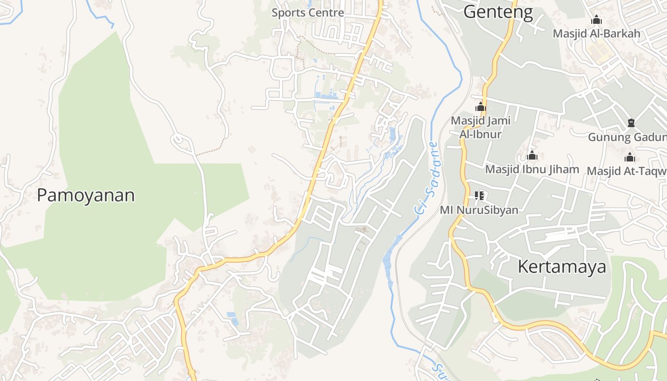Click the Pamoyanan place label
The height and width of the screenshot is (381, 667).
pyautogui.click(x=86, y=195)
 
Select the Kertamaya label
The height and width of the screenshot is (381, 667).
pyautogui.click(x=562, y=267)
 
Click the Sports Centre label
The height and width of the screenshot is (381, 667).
pyautogui.click(x=308, y=13)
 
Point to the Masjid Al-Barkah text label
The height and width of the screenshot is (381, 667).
pyautogui.click(x=596, y=34)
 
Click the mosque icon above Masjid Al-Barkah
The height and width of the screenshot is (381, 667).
pyautogui.click(x=596, y=20)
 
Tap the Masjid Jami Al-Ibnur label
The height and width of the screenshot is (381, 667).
pyautogui.click(x=480, y=127)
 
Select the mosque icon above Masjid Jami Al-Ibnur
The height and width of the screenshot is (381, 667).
pyautogui.click(x=480, y=107)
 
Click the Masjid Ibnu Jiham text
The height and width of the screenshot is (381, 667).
pyautogui.click(x=532, y=169)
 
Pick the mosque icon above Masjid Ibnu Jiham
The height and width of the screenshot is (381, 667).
pyautogui.click(x=532, y=156)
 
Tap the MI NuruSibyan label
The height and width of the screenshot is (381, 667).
pyautogui.click(x=479, y=210)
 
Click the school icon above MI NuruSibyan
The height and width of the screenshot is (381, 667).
pyautogui.click(x=479, y=195)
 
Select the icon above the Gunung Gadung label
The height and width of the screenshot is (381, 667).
pyautogui.click(x=631, y=123)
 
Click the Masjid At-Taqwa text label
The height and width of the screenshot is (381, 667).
pyautogui.click(x=627, y=170)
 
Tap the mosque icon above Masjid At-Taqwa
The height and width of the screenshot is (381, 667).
pyautogui.click(x=630, y=157)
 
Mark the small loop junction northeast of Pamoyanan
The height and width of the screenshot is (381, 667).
pyautogui.click(x=180, y=140)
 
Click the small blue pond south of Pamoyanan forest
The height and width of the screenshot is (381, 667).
pyautogui.click(x=232, y=318)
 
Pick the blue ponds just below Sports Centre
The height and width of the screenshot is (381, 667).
pyautogui.click(x=328, y=96)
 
